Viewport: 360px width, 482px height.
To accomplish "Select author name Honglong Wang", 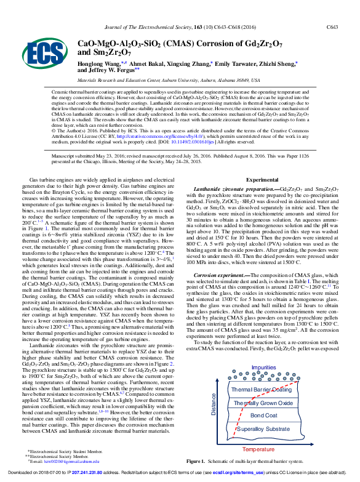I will [x=98, y=63].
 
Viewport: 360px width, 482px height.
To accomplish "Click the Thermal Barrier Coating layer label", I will [x=261, y=372].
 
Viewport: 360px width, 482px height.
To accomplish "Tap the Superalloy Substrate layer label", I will [x=261, y=411].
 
